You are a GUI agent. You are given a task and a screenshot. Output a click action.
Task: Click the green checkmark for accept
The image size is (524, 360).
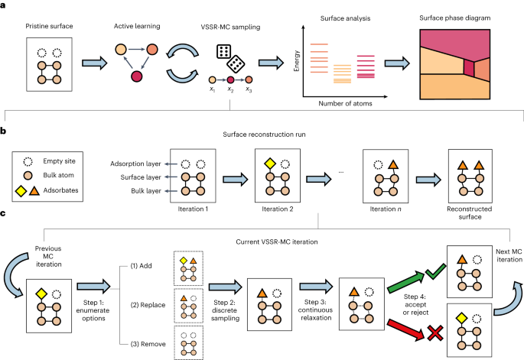pos(436,272)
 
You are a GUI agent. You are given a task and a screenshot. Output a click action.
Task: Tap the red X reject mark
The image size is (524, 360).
pos(435,333)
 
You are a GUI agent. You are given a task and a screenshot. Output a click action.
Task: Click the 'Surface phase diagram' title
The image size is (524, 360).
pos(455,18)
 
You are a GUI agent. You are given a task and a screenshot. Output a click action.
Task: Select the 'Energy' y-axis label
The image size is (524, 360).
pos(296,61)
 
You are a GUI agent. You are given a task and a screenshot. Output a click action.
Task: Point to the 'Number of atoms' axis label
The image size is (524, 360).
pos(345,103)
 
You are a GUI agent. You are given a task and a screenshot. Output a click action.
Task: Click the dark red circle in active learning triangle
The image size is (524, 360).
pos(136,76)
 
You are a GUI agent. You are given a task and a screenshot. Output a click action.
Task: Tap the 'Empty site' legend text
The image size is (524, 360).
pos(59,161)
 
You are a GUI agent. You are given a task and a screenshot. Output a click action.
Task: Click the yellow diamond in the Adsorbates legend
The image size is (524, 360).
pos(21,191)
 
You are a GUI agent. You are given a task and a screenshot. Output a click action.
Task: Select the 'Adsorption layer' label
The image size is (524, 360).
pos(135,164)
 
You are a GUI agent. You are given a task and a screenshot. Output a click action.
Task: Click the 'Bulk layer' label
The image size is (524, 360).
pos(146,190)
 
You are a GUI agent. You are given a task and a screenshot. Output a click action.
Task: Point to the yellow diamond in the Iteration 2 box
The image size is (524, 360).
pos(270,164)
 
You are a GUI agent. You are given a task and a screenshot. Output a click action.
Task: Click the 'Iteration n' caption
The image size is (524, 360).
pos(386,209)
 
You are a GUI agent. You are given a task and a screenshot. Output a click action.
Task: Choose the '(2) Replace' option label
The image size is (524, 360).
pos(148,305)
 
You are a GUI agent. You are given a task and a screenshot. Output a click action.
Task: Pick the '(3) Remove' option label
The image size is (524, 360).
pos(148,344)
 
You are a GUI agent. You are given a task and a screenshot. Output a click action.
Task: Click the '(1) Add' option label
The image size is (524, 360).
pos(141,266)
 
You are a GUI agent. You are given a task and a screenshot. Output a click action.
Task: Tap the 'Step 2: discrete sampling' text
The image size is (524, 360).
pos(225,310)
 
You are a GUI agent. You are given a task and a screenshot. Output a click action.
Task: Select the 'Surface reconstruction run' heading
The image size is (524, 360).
pos(264,135)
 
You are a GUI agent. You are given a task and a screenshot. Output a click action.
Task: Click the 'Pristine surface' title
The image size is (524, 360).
pos(49,26)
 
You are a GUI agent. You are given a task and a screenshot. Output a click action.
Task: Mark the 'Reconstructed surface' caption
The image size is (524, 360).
pos(470,212)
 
